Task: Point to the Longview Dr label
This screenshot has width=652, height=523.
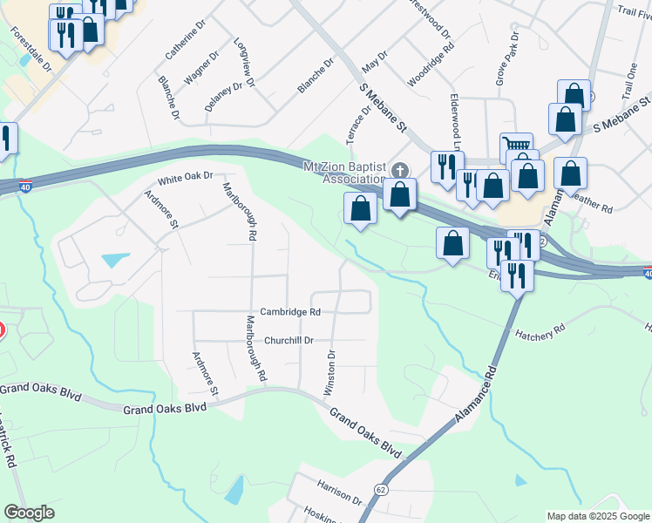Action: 245,63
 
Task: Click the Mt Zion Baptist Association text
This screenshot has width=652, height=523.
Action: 343,173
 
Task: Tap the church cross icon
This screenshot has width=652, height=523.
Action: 400,170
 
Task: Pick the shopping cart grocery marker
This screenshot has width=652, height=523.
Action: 515,144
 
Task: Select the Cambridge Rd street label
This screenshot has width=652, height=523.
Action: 291,311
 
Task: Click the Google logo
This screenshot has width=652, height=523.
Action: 30,513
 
